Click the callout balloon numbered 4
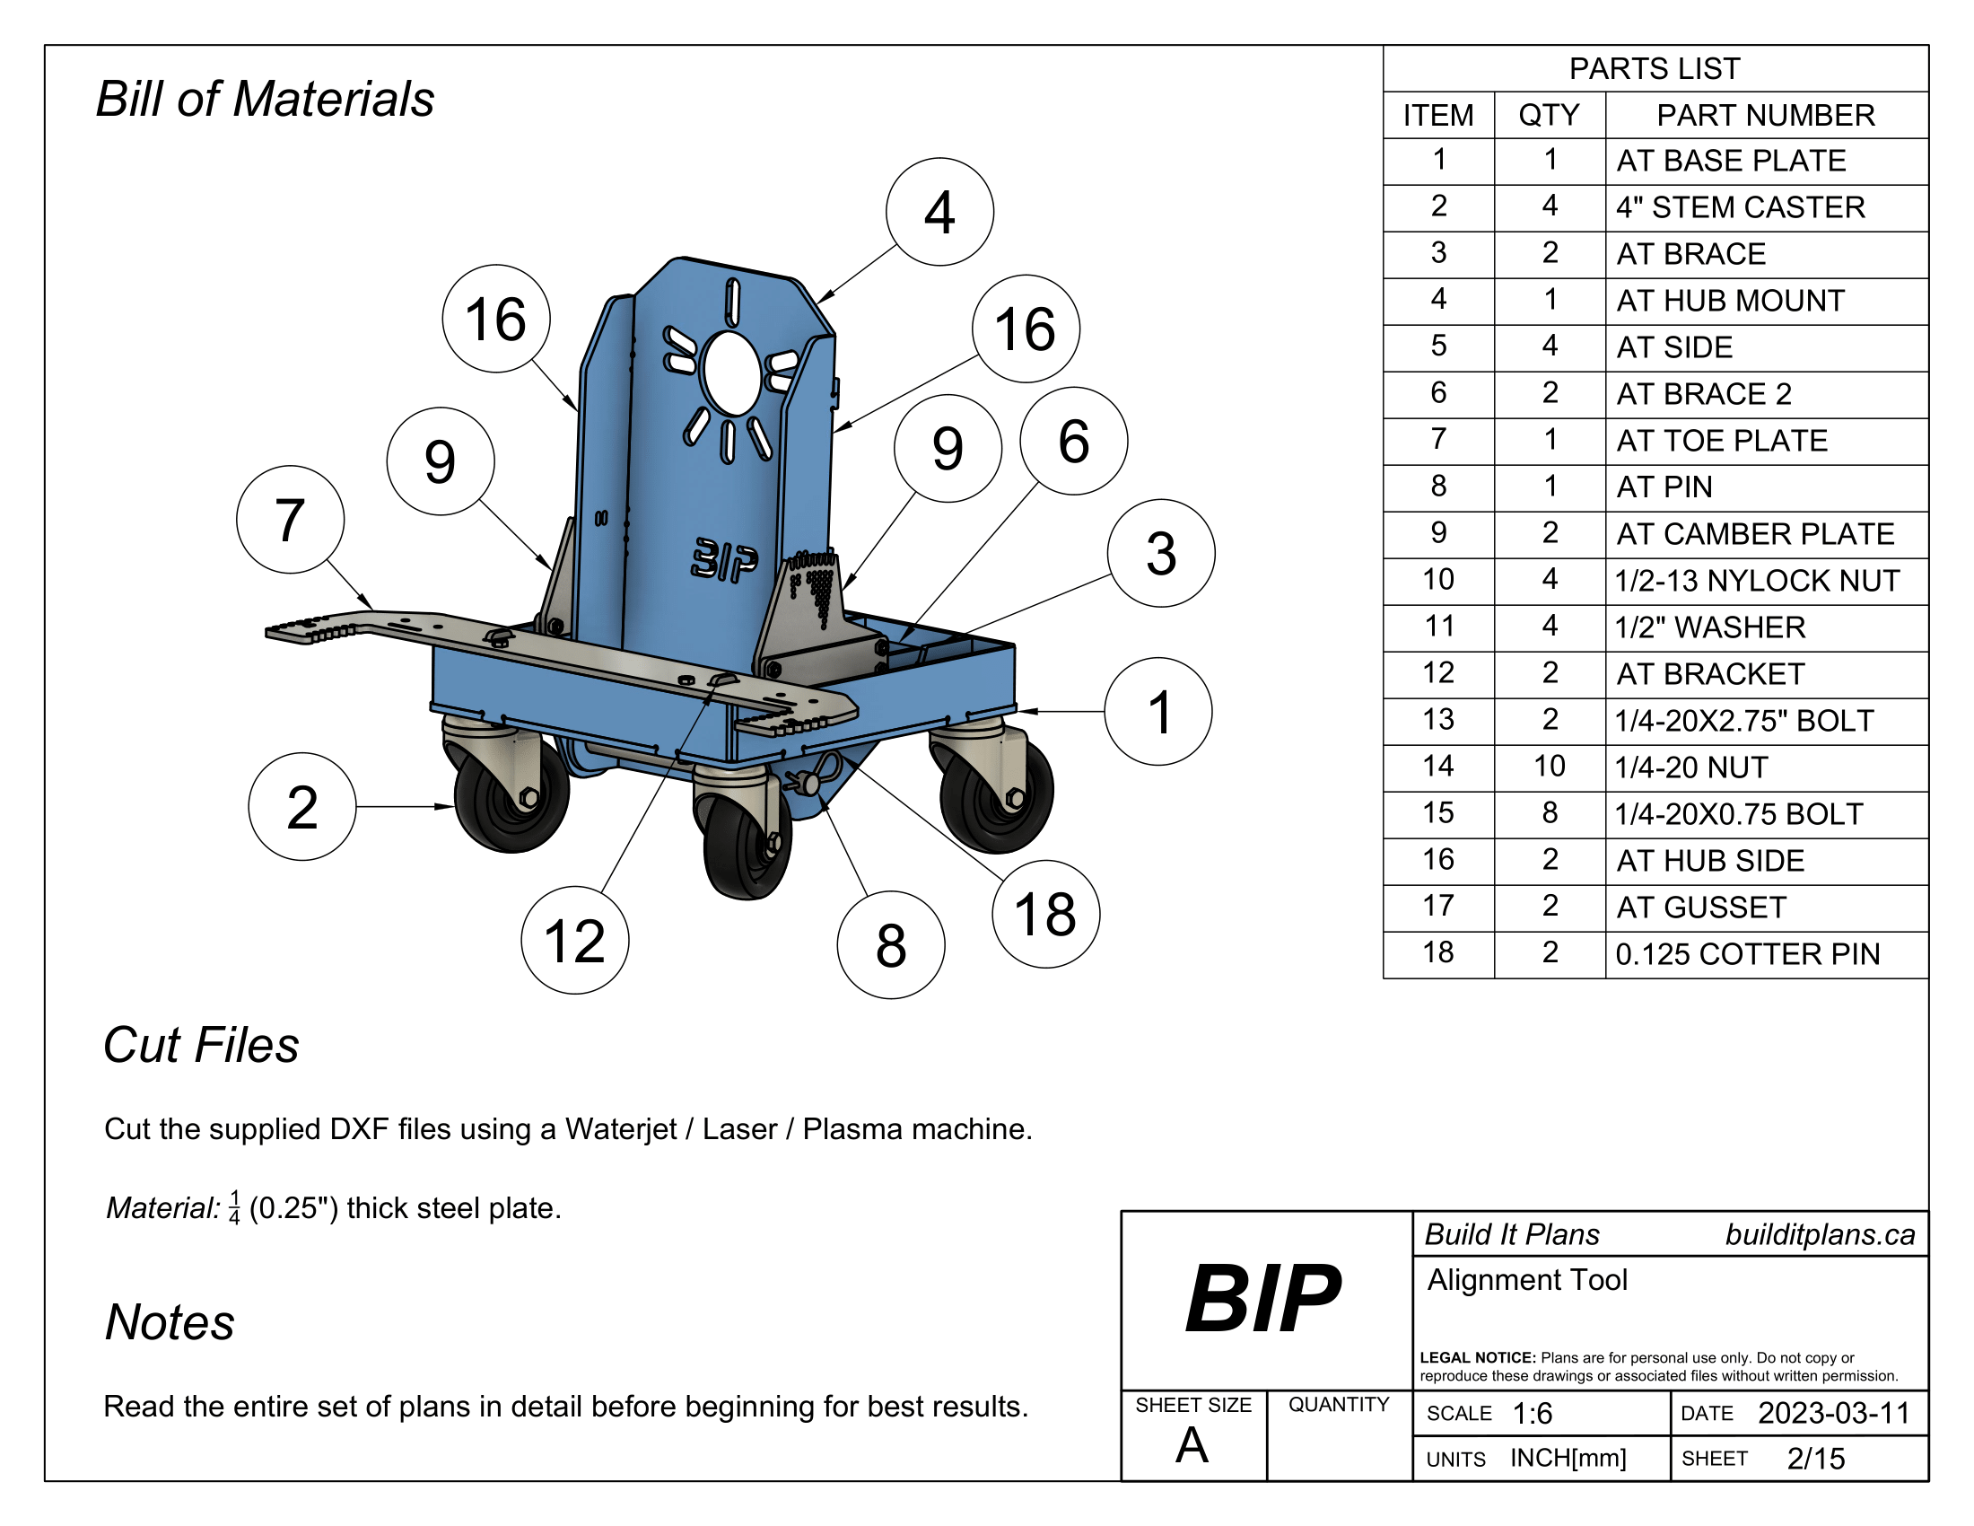click(x=939, y=213)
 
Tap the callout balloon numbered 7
click(x=290, y=520)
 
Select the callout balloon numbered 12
click(x=575, y=941)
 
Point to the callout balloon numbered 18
click(x=1045, y=914)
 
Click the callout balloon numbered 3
click(x=1161, y=553)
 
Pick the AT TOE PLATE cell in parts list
click(x=1721, y=440)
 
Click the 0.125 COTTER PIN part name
click(x=1747, y=953)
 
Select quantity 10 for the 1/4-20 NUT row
click(x=1550, y=767)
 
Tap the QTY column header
click(x=1550, y=115)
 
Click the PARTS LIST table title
click(x=1654, y=69)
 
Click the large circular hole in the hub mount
click(x=732, y=373)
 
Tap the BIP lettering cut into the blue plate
click(x=725, y=559)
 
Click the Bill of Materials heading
click(x=265, y=99)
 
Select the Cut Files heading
click(x=201, y=1045)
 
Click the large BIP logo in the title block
click(x=1262, y=1299)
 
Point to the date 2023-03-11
click(x=1833, y=1413)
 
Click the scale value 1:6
click(x=1532, y=1413)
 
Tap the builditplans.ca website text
click(x=1820, y=1235)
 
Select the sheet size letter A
click(x=1192, y=1444)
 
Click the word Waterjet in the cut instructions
click(x=620, y=1129)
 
